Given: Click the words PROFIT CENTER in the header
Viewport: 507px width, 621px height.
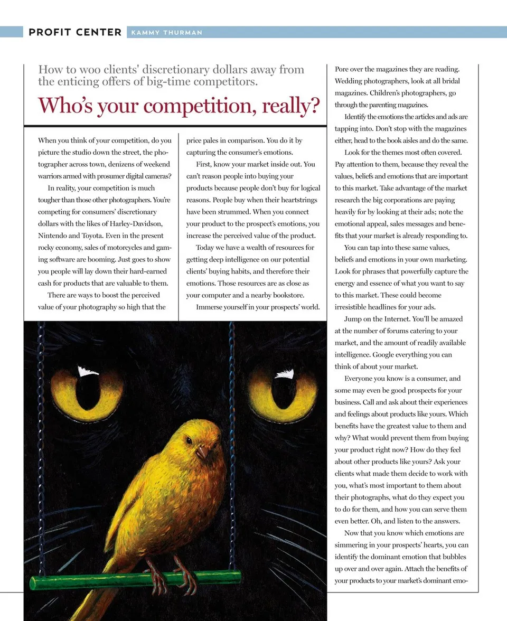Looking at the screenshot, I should tap(75, 32).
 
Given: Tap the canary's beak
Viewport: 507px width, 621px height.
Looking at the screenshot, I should tap(202, 452).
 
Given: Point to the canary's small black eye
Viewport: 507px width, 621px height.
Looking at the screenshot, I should tap(189, 440).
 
